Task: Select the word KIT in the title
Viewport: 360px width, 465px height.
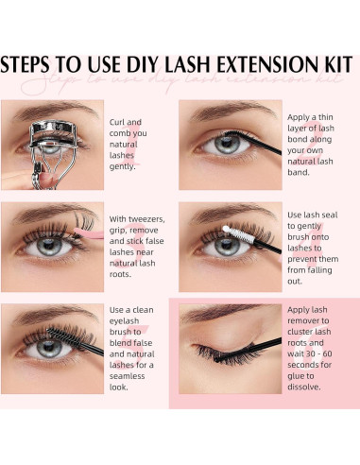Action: [x=337, y=65]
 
